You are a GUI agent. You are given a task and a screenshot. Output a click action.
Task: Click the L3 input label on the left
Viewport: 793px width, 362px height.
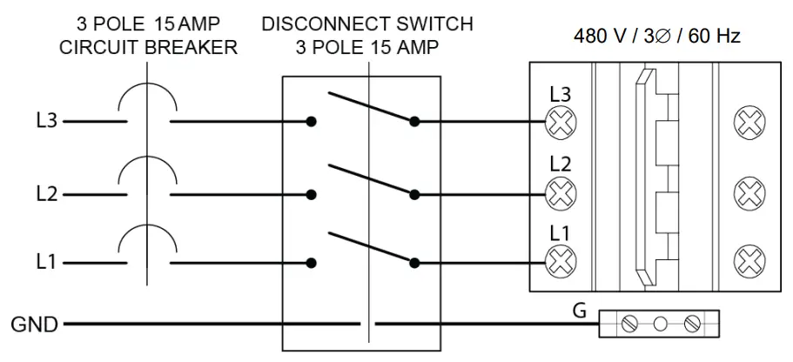tap(46, 122)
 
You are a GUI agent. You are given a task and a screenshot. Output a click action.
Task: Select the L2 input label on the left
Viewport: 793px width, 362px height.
tap(46, 195)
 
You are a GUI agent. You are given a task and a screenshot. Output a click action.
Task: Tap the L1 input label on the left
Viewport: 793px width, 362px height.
tap(46, 264)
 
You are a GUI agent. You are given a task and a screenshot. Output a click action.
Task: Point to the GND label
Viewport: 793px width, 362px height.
tap(35, 325)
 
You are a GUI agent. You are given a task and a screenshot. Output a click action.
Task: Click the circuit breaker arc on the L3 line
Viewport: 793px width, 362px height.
tap(147, 95)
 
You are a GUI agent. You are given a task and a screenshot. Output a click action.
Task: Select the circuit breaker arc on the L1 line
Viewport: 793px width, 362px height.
tap(147, 238)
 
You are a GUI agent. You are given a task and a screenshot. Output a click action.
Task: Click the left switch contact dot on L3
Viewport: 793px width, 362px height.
tap(312, 122)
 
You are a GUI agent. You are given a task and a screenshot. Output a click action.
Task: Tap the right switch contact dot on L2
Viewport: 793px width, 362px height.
tap(414, 195)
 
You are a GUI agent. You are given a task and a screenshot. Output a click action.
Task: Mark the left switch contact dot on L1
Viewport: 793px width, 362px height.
tap(312, 264)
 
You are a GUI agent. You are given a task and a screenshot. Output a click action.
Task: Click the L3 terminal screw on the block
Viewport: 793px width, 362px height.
tap(560, 123)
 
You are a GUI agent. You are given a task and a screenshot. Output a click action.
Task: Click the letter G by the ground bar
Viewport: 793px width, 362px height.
tap(579, 311)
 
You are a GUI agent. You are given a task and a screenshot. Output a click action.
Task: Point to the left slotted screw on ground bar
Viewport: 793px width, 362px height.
tap(628, 324)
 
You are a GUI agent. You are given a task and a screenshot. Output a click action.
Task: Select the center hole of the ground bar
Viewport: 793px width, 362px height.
tap(661, 324)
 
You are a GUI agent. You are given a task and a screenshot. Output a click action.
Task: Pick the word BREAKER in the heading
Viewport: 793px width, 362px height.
tap(192, 47)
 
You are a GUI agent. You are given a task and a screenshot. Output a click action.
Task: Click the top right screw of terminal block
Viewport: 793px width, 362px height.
tap(749, 123)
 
